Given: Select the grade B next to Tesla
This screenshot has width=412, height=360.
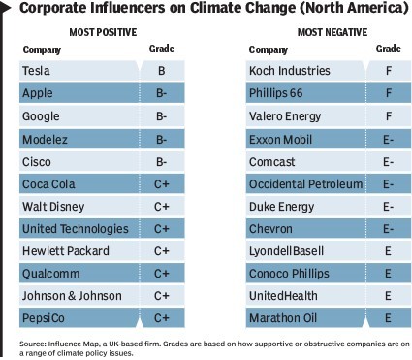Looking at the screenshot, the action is point(162,71).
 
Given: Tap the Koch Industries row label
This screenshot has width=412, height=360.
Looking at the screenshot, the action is point(290,71).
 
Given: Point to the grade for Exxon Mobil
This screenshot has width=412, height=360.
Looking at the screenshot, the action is point(388,140).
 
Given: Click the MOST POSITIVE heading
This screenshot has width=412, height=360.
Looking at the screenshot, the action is point(103,32).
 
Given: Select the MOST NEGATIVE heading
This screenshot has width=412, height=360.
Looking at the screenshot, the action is point(333,32).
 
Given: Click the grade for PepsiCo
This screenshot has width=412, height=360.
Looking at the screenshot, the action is point(162,318).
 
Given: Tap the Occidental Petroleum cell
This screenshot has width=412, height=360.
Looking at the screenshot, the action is point(305,184).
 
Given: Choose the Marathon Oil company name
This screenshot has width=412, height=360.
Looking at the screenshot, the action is point(283,318).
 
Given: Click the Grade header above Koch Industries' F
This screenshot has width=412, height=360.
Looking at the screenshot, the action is point(389,49).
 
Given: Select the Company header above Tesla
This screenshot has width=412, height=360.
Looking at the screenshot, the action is point(42,49).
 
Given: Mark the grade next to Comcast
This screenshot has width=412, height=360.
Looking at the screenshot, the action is point(388,162).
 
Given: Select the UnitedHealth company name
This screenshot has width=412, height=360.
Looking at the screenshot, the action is point(283,296).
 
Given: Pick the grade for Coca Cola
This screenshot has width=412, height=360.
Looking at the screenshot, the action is point(162,184).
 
